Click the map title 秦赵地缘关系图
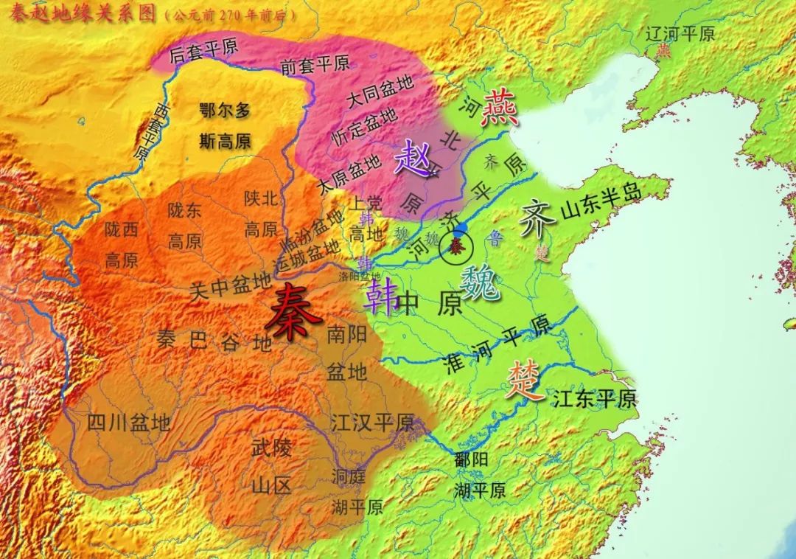pos(79,13)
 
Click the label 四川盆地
pos(128,423)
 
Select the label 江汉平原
pos(372,423)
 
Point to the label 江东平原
pos(593,399)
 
